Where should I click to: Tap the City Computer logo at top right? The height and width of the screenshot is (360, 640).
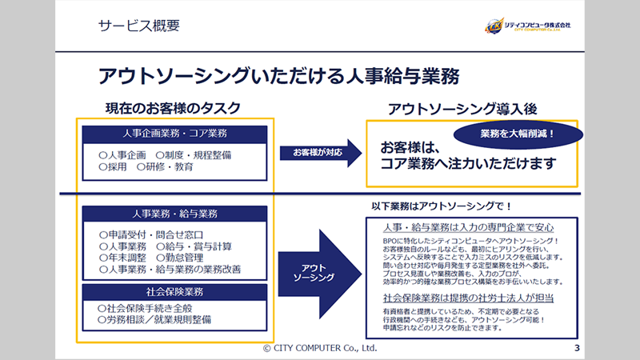(533, 26)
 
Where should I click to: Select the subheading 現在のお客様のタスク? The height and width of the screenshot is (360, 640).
(173, 108)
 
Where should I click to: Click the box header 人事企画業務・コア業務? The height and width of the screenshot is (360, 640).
(175, 132)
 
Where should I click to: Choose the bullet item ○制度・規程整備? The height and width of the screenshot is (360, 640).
(193, 154)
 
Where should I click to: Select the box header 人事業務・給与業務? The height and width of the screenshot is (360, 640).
(175, 214)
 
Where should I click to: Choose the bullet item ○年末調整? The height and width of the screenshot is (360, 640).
(122, 258)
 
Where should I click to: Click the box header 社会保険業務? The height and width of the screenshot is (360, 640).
(175, 292)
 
